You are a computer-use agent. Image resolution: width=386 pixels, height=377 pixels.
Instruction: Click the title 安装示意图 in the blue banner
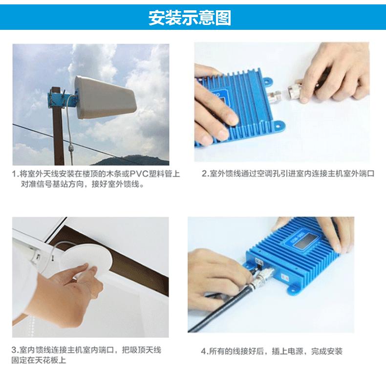(190, 18)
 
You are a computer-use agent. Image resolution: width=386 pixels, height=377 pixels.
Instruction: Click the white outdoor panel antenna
(105, 97)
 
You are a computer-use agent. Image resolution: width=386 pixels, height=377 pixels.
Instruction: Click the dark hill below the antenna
(133, 160)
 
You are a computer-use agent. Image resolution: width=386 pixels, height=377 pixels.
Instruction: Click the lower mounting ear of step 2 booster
(279, 125)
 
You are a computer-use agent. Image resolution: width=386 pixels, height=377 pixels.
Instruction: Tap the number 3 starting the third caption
(14, 350)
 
